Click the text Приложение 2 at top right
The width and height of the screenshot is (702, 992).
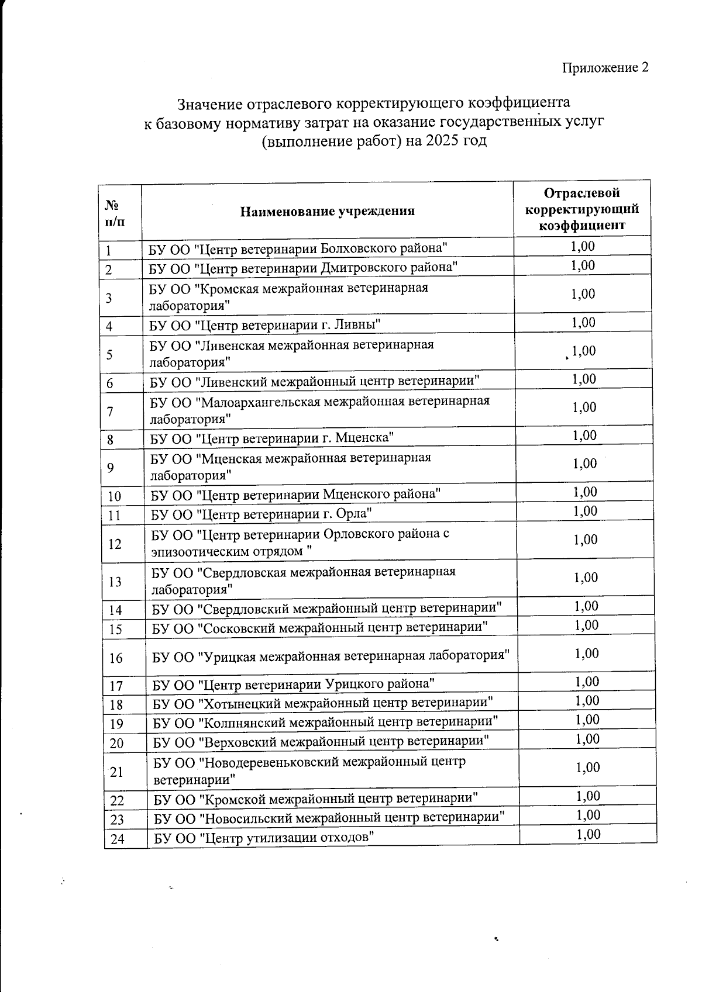click(605, 68)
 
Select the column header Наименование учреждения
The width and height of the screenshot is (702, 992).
click(327, 212)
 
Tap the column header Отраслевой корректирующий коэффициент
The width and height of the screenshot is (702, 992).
click(581, 209)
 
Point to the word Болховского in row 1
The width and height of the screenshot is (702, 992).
click(360, 248)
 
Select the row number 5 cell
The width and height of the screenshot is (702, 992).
click(110, 355)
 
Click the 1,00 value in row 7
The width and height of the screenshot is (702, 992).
click(584, 407)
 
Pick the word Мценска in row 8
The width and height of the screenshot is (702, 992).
click(364, 438)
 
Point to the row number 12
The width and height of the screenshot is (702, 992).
click(115, 544)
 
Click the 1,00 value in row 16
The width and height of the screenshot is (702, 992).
click(587, 654)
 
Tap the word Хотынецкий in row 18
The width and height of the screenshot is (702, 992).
click(236, 702)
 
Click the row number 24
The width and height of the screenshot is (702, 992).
click(118, 839)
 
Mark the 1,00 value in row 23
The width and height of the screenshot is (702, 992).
click(588, 815)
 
